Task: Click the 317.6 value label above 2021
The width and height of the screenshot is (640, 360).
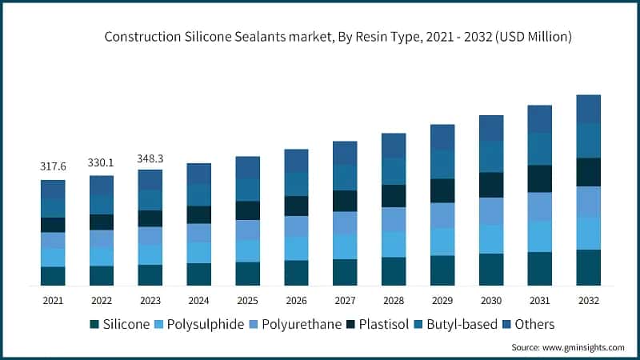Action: [53, 166]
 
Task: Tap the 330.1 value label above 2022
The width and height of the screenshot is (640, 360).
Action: [102, 162]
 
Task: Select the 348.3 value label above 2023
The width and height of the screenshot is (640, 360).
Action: [150, 158]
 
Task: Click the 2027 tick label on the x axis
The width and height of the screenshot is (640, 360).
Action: [345, 300]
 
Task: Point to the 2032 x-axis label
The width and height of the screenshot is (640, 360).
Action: [588, 300]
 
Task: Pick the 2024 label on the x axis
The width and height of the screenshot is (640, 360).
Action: [198, 300]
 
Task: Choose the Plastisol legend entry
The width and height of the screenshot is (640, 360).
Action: [386, 324]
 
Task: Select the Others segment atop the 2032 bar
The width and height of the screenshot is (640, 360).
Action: [589, 109]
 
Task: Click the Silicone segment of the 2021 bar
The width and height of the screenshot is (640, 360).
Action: [53, 276]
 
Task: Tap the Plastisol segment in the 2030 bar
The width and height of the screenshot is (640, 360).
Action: [491, 185]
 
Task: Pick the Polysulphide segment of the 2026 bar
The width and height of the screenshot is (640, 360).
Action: [296, 248]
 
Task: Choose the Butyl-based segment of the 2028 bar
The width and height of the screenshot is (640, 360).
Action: [394, 171]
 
